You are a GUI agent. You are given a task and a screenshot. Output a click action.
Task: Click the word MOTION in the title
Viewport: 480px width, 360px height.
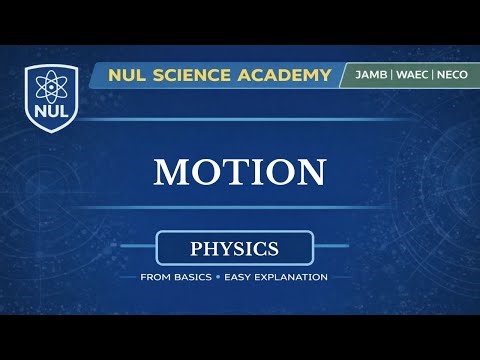coord(239,172)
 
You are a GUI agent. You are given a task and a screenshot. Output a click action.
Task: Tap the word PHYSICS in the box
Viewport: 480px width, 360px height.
coord(234,246)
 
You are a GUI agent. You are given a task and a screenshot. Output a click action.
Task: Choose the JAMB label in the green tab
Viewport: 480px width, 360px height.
coord(367,76)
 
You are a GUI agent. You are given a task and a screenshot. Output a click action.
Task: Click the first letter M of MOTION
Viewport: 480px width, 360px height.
coord(169,172)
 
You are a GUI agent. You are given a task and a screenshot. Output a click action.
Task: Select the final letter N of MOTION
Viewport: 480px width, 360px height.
coord(310,172)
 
